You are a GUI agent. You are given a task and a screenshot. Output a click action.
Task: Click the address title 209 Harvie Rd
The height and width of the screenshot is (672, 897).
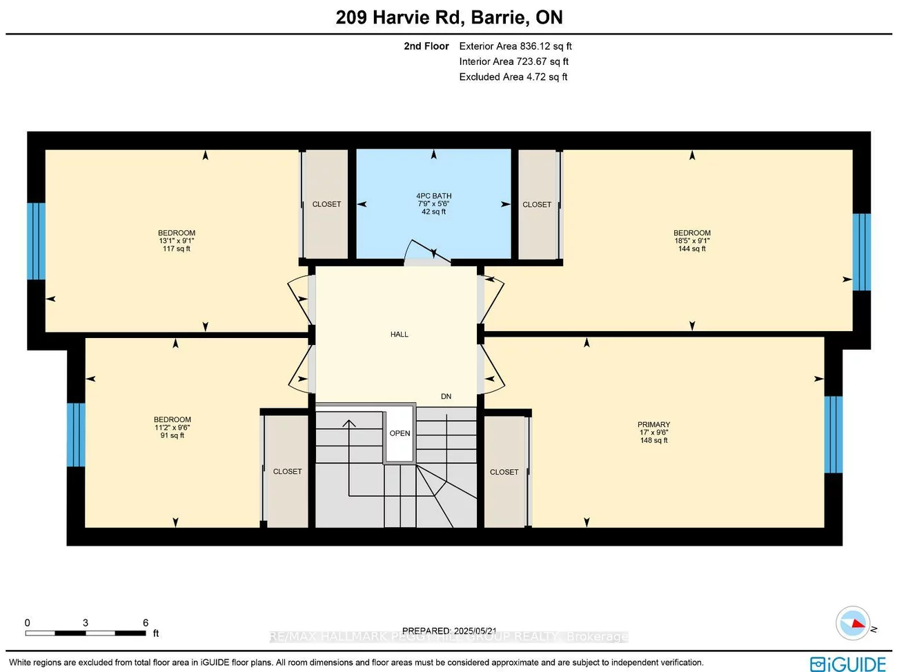(448, 17)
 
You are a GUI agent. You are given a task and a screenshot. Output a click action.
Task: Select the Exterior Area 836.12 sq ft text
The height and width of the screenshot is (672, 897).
(515, 46)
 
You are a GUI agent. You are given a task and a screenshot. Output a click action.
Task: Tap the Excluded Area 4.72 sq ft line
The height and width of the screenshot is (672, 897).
(513, 77)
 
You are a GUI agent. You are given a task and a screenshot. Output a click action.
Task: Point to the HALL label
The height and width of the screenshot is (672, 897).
(400, 335)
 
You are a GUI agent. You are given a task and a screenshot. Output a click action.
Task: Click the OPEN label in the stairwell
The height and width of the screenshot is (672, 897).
(400, 433)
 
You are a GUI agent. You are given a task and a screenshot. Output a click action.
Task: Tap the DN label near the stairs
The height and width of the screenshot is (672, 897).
(446, 397)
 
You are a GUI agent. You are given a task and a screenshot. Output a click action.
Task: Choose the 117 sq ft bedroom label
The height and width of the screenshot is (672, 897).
(177, 241)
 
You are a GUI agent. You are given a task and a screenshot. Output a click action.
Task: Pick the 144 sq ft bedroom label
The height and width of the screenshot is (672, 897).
(692, 241)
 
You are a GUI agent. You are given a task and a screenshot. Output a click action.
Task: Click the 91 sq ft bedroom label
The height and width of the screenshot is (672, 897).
(172, 427)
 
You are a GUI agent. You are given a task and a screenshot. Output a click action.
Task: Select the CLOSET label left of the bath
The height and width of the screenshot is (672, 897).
(326, 204)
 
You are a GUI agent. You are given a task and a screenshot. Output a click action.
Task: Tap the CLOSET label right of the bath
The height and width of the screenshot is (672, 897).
(537, 205)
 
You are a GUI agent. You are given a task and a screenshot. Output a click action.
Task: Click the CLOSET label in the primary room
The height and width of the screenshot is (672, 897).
(504, 473)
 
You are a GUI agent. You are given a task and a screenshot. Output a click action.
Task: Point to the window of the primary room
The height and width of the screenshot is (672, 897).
(834, 434)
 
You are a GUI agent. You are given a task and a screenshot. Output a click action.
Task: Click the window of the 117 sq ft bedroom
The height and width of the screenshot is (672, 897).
(36, 241)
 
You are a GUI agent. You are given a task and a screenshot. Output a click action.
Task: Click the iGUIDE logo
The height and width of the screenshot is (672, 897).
(848, 664)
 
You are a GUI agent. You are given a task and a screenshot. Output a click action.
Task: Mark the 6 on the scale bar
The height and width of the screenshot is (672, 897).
(146, 623)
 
